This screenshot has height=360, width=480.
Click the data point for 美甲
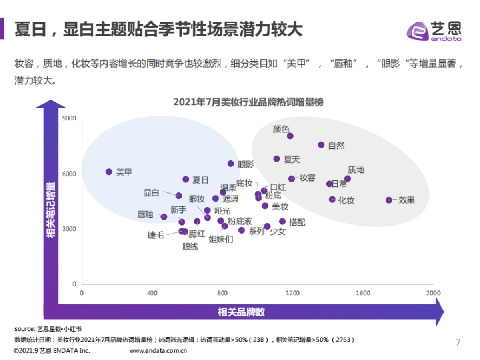(x=109, y=172)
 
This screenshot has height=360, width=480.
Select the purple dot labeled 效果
(x=389, y=200)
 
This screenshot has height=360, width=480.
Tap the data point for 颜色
(x=290, y=136)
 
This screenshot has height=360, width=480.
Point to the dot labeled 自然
(x=321, y=145)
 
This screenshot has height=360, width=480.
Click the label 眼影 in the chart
(x=246, y=164)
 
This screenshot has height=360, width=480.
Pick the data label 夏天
(x=292, y=160)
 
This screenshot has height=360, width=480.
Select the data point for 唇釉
(x=164, y=216)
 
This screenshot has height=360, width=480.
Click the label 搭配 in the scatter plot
(x=297, y=222)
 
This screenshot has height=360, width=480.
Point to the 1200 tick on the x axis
(x=292, y=293)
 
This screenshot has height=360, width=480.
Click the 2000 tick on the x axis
(x=433, y=293)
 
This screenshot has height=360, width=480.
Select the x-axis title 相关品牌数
(x=241, y=312)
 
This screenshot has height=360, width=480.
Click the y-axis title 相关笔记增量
(x=51, y=210)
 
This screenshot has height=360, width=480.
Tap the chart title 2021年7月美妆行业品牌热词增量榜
(x=248, y=102)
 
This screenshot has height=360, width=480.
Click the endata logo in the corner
(x=434, y=31)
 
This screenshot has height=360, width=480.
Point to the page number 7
(x=458, y=342)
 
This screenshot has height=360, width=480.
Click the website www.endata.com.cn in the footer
(x=159, y=351)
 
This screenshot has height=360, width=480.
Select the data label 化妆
(x=346, y=200)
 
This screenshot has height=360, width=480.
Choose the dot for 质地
(x=348, y=179)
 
